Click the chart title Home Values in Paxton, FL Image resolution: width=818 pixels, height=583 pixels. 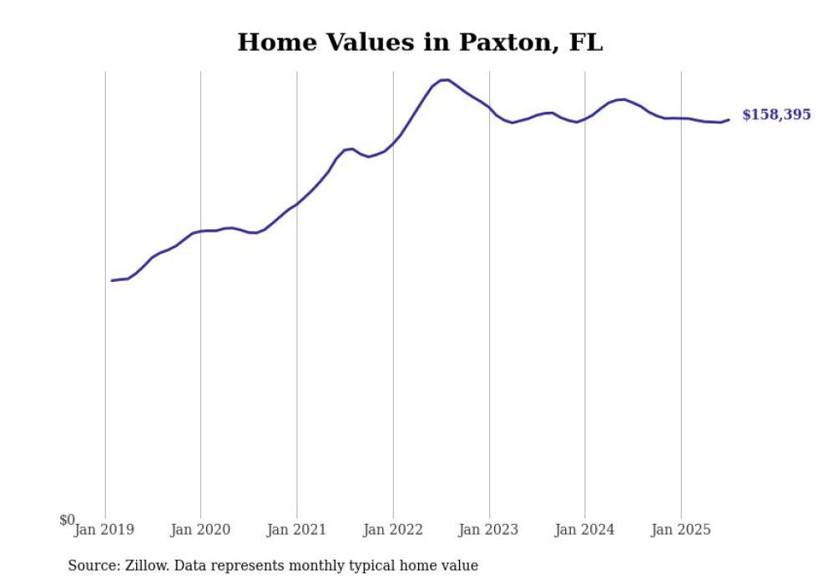pyautogui.click(x=420, y=43)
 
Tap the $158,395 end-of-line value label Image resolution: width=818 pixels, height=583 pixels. pyautogui.click(x=775, y=115)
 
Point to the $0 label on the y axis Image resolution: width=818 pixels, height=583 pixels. pyautogui.click(x=67, y=520)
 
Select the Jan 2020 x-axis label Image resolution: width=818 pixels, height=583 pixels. pyautogui.click(x=200, y=530)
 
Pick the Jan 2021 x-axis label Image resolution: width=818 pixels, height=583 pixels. pyautogui.click(x=296, y=530)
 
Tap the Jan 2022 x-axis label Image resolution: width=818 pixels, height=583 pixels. pyautogui.click(x=392, y=530)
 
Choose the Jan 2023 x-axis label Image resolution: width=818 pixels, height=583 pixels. pyautogui.click(x=488, y=530)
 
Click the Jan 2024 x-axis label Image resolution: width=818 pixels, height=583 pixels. pyautogui.click(x=584, y=530)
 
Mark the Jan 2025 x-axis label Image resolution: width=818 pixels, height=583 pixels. pyautogui.click(x=680, y=530)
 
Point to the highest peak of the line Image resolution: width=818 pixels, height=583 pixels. pyautogui.click(x=445, y=79)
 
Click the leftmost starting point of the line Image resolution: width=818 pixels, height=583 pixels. pyautogui.click(x=112, y=280)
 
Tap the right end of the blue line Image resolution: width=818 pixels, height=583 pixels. pyautogui.click(x=729, y=119)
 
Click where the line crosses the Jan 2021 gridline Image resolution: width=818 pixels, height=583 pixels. pyautogui.click(x=296, y=204)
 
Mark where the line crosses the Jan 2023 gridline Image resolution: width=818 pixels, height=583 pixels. pyautogui.click(x=489, y=108)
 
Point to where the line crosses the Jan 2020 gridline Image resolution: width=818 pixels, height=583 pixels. pyautogui.click(x=200, y=231)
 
